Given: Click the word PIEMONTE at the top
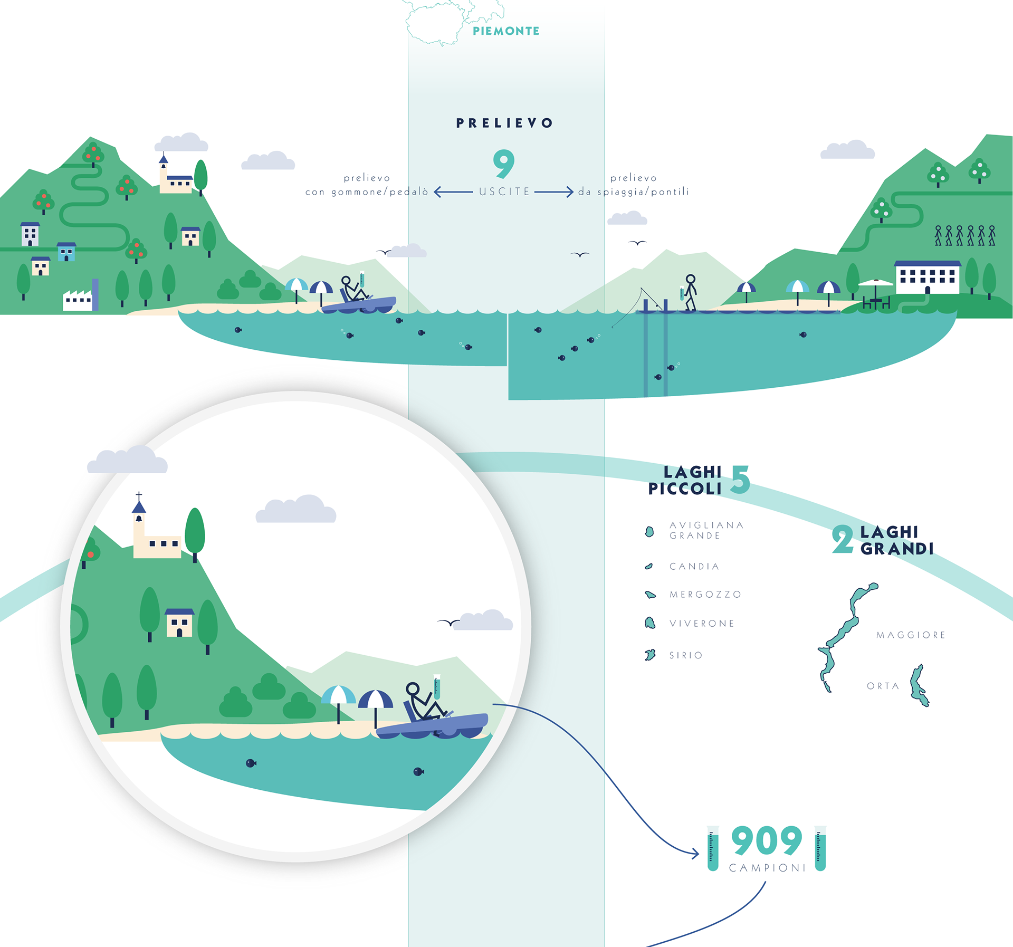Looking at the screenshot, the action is [506, 31].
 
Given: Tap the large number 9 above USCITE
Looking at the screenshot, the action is [503, 164].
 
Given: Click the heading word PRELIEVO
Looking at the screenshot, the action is [504, 123].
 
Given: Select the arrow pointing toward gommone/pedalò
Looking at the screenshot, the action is [453, 192].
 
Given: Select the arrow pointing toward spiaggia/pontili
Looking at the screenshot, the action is [554, 192].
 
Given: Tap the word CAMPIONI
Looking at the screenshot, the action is [768, 868].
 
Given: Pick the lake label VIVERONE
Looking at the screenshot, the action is [702, 624].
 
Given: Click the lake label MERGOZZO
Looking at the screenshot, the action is [705, 595].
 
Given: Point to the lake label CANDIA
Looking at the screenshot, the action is [694, 567].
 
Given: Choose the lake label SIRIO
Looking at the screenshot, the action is [686, 655].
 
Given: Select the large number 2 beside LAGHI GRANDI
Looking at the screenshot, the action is [842, 539].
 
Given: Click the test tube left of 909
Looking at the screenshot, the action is [713, 849].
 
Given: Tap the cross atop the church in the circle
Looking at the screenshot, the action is [139, 496].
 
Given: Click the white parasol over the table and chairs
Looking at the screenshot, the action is [875, 283].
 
